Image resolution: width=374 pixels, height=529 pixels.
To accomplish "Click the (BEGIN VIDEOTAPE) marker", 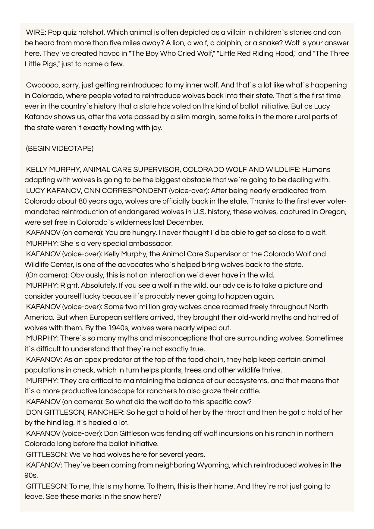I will [x=60, y=148].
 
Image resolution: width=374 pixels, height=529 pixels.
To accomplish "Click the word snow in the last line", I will [x=126, y=496].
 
